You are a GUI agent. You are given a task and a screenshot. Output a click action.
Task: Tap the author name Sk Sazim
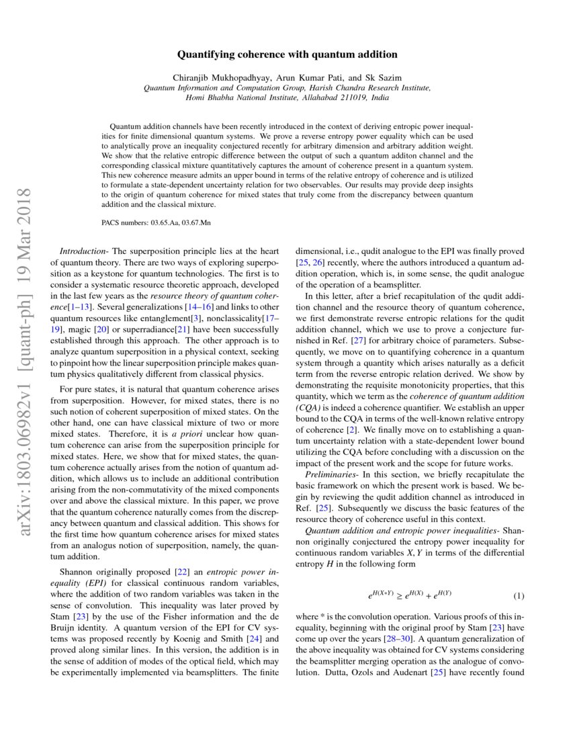coord(383,78)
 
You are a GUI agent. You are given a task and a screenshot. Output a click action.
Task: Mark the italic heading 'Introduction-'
coord(81,250)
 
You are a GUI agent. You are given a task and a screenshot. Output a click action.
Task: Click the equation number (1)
coord(519,596)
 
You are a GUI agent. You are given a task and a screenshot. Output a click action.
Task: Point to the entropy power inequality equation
coord(409,596)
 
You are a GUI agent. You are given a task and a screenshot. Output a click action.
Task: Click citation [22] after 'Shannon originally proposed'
coord(181,572)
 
